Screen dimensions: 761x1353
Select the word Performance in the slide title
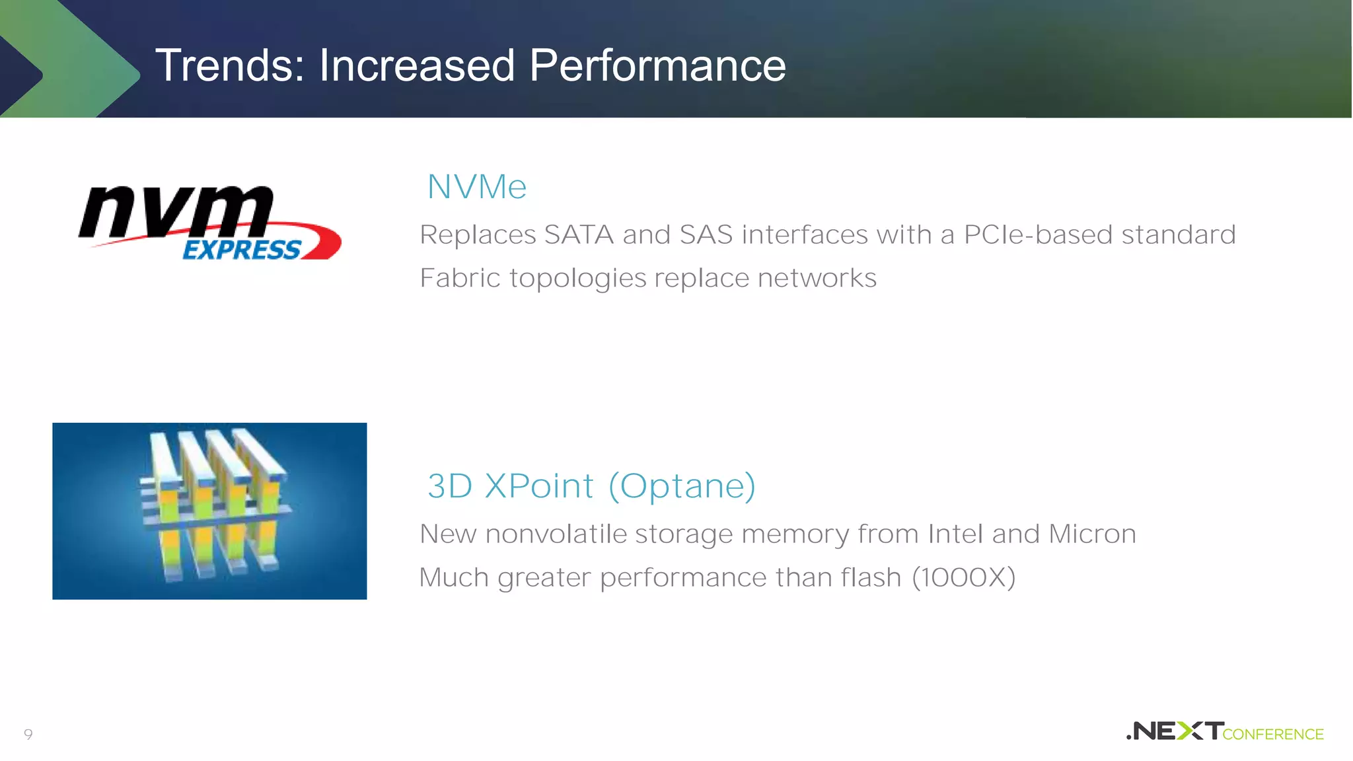click(x=657, y=65)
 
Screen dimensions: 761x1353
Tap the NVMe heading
click(x=477, y=187)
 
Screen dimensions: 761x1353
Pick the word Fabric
click(x=460, y=278)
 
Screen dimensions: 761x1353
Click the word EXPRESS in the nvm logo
click(x=242, y=250)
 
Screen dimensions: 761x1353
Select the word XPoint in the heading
click(x=539, y=486)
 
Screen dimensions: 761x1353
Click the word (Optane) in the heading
click(x=682, y=486)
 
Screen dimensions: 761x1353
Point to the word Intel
click(x=955, y=534)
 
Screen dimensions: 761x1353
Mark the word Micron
click(x=1092, y=534)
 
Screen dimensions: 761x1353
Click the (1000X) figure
click(x=963, y=577)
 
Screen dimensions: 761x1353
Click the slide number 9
click(x=28, y=734)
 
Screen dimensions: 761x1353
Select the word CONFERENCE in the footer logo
click(x=1273, y=735)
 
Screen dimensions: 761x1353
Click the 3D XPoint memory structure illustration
click(x=210, y=511)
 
